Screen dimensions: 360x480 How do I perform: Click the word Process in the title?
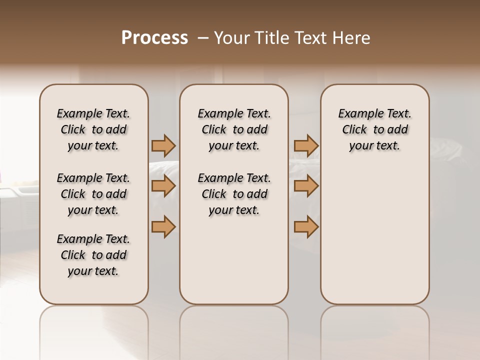tap(154, 38)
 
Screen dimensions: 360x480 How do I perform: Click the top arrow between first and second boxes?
tap(163, 145)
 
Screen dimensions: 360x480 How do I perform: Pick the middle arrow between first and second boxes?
tap(163, 186)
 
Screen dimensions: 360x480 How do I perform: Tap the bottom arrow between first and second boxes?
tap(163, 226)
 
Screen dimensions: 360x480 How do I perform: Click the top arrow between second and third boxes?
tap(306, 145)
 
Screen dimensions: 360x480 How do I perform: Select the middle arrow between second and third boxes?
tap(306, 186)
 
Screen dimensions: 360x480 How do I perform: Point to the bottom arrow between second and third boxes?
tap(306, 226)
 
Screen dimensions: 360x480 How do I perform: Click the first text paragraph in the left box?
tap(93, 129)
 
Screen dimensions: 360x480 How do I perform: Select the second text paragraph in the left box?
tap(93, 194)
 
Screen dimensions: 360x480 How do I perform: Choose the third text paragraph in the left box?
tap(93, 255)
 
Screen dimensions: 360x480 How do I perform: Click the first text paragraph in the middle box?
tap(234, 129)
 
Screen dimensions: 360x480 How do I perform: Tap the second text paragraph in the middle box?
tap(234, 194)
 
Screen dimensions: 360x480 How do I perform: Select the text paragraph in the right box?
tap(374, 129)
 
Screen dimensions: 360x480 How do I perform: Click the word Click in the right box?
tap(354, 129)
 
